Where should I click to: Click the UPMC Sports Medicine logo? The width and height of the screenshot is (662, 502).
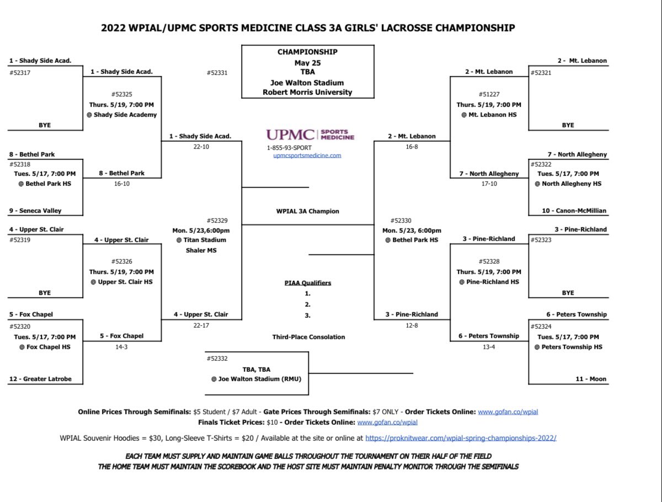point(310,134)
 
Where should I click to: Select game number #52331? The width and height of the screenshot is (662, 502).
point(217,72)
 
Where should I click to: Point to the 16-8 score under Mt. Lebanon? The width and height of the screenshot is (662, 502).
point(412,147)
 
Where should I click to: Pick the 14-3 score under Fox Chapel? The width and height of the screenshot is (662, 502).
point(122,346)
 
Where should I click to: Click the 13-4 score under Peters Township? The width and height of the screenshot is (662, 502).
point(489,346)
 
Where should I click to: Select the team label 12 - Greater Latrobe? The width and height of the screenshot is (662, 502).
point(40,379)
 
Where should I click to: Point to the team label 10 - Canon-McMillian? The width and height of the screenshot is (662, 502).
point(576,211)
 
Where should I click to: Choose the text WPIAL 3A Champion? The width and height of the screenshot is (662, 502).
point(308,211)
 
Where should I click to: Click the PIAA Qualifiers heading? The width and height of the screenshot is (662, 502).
point(308,283)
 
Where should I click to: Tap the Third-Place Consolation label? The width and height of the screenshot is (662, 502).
point(308,337)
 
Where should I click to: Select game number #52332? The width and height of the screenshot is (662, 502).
point(217,359)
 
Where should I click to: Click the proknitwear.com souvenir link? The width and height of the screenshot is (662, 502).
point(461,438)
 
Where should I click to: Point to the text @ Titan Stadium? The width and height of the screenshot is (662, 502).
point(201,240)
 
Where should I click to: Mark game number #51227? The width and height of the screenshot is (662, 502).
point(489,94)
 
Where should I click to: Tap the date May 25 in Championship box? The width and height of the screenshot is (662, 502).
point(307,63)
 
